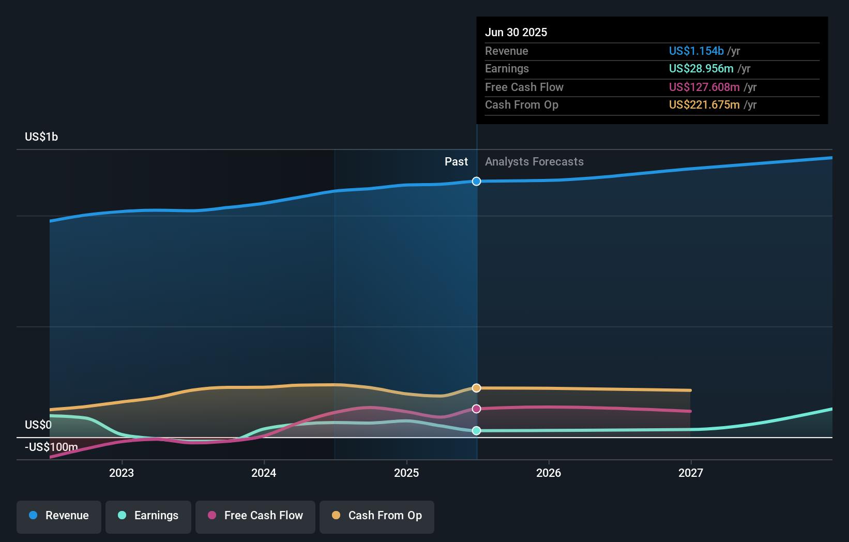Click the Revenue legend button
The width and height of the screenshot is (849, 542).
click(59, 516)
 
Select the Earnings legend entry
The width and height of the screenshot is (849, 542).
click(148, 516)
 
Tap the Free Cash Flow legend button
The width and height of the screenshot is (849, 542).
click(255, 516)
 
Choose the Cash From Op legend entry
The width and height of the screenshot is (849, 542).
click(377, 516)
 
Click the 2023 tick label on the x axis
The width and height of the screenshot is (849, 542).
click(122, 473)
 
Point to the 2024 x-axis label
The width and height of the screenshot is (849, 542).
click(264, 473)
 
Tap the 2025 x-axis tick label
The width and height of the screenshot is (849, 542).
click(406, 473)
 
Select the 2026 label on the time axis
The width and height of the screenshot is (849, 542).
click(549, 473)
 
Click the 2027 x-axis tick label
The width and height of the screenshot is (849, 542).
click(691, 473)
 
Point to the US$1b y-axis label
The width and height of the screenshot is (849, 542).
click(41, 137)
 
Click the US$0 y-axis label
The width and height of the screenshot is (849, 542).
click(38, 425)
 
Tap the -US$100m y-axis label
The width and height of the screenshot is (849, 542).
click(51, 447)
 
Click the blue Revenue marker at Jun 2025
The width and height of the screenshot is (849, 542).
click(477, 181)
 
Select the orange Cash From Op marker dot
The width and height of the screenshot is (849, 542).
click(477, 388)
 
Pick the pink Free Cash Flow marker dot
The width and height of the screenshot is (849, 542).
click(477, 409)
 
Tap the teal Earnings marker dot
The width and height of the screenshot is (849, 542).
click(477, 430)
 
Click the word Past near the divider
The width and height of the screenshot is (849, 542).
click(456, 161)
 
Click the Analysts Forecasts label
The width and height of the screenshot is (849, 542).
click(534, 161)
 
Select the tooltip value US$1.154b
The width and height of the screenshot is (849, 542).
click(696, 51)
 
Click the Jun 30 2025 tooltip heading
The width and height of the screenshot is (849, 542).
click(516, 32)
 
